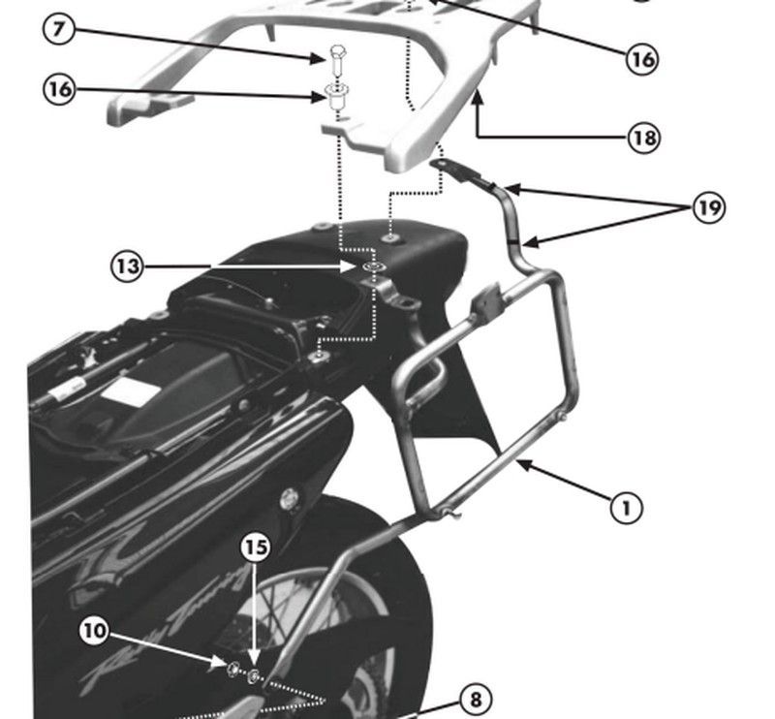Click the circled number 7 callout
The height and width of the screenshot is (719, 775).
59,29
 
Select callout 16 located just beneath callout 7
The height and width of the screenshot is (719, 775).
59,89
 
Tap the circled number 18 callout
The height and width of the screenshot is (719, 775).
642,138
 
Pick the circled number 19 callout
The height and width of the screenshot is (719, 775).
709,207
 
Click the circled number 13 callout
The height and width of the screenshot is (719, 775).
127,266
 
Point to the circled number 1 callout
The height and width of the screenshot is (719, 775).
627,505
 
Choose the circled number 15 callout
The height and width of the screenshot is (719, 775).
255,547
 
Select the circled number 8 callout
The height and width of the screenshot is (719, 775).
473,698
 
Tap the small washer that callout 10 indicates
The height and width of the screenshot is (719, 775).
234,668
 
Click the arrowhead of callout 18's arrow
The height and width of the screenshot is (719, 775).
477,94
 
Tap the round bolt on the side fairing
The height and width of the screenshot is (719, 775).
289,500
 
